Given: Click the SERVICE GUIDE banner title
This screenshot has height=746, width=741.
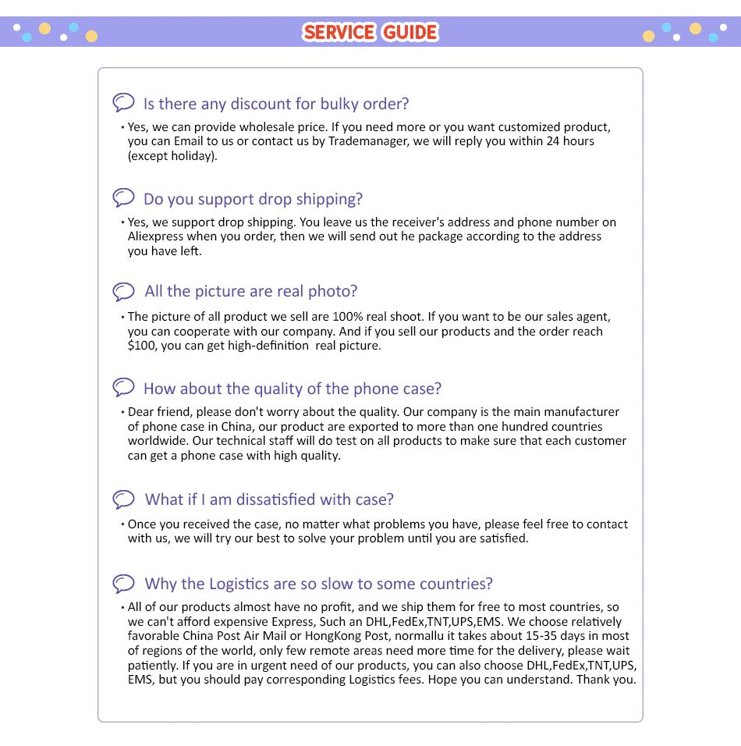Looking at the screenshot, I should [370, 32].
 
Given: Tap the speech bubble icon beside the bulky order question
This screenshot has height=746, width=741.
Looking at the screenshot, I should [123, 102].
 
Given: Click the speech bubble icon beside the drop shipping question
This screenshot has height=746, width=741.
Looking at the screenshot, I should [123, 197].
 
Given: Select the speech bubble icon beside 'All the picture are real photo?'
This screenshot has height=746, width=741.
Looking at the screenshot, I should [123, 291].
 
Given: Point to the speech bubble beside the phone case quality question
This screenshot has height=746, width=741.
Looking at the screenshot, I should [123, 387].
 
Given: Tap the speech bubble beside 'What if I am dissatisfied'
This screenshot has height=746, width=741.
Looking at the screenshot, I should [123, 499].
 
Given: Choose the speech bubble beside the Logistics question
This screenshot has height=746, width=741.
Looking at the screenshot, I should [123, 583].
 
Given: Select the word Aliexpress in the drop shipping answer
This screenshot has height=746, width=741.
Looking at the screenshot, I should [155, 236].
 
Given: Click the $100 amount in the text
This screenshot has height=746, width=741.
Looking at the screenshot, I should [142, 346].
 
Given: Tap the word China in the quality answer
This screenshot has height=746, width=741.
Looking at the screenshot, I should [236, 427].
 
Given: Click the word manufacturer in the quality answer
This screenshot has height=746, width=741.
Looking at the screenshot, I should [576, 412].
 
